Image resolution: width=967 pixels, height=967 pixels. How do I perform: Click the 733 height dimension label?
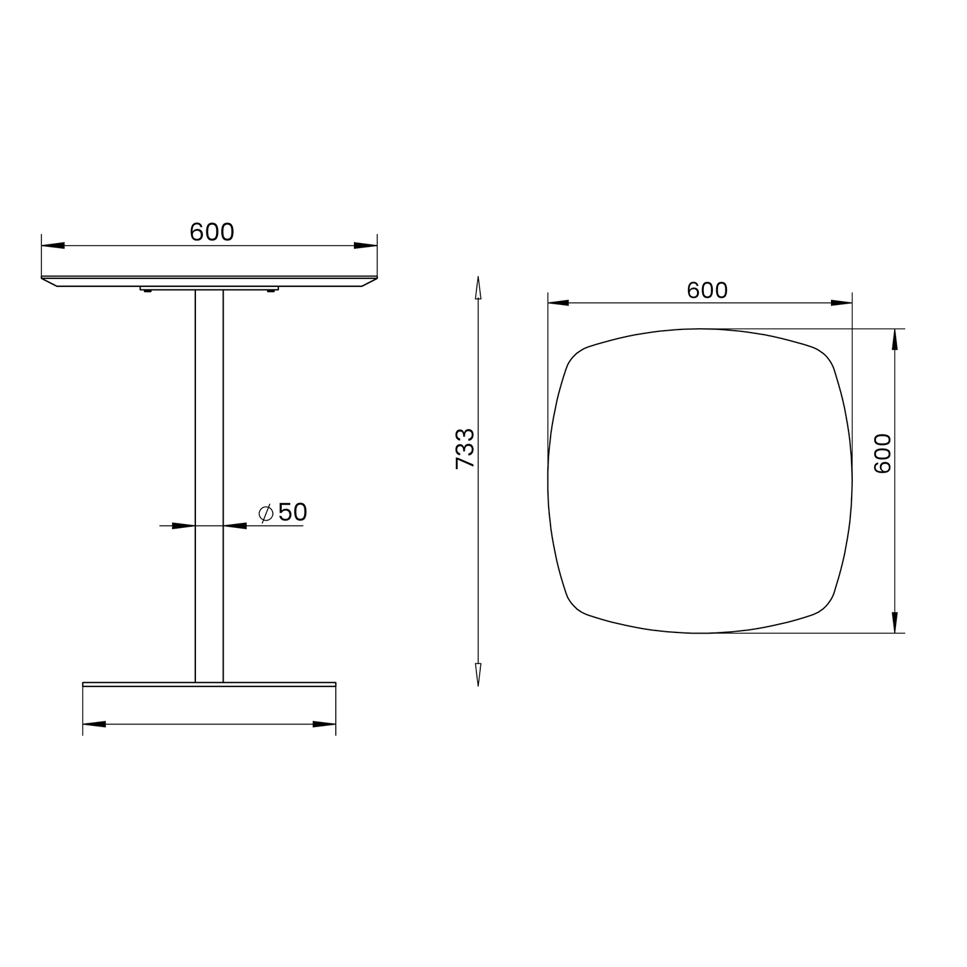click(x=465, y=448)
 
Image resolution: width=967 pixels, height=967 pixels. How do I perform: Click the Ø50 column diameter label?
click(x=282, y=513)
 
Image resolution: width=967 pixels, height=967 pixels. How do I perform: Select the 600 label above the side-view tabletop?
click(x=212, y=232)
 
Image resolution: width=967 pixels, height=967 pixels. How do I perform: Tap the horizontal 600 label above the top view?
click(x=707, y=291)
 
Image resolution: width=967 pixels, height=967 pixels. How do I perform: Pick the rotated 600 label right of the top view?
click(x=882, y=453)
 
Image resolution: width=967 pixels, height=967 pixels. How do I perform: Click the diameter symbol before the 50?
click(x=266, y=513)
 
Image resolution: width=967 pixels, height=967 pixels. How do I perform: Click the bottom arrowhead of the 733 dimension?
click(x=478, y=674)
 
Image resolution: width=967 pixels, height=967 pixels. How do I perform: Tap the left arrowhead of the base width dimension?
click(x=94, y=724)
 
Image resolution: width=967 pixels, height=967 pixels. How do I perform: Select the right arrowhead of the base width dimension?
click(x=324, y=724)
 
